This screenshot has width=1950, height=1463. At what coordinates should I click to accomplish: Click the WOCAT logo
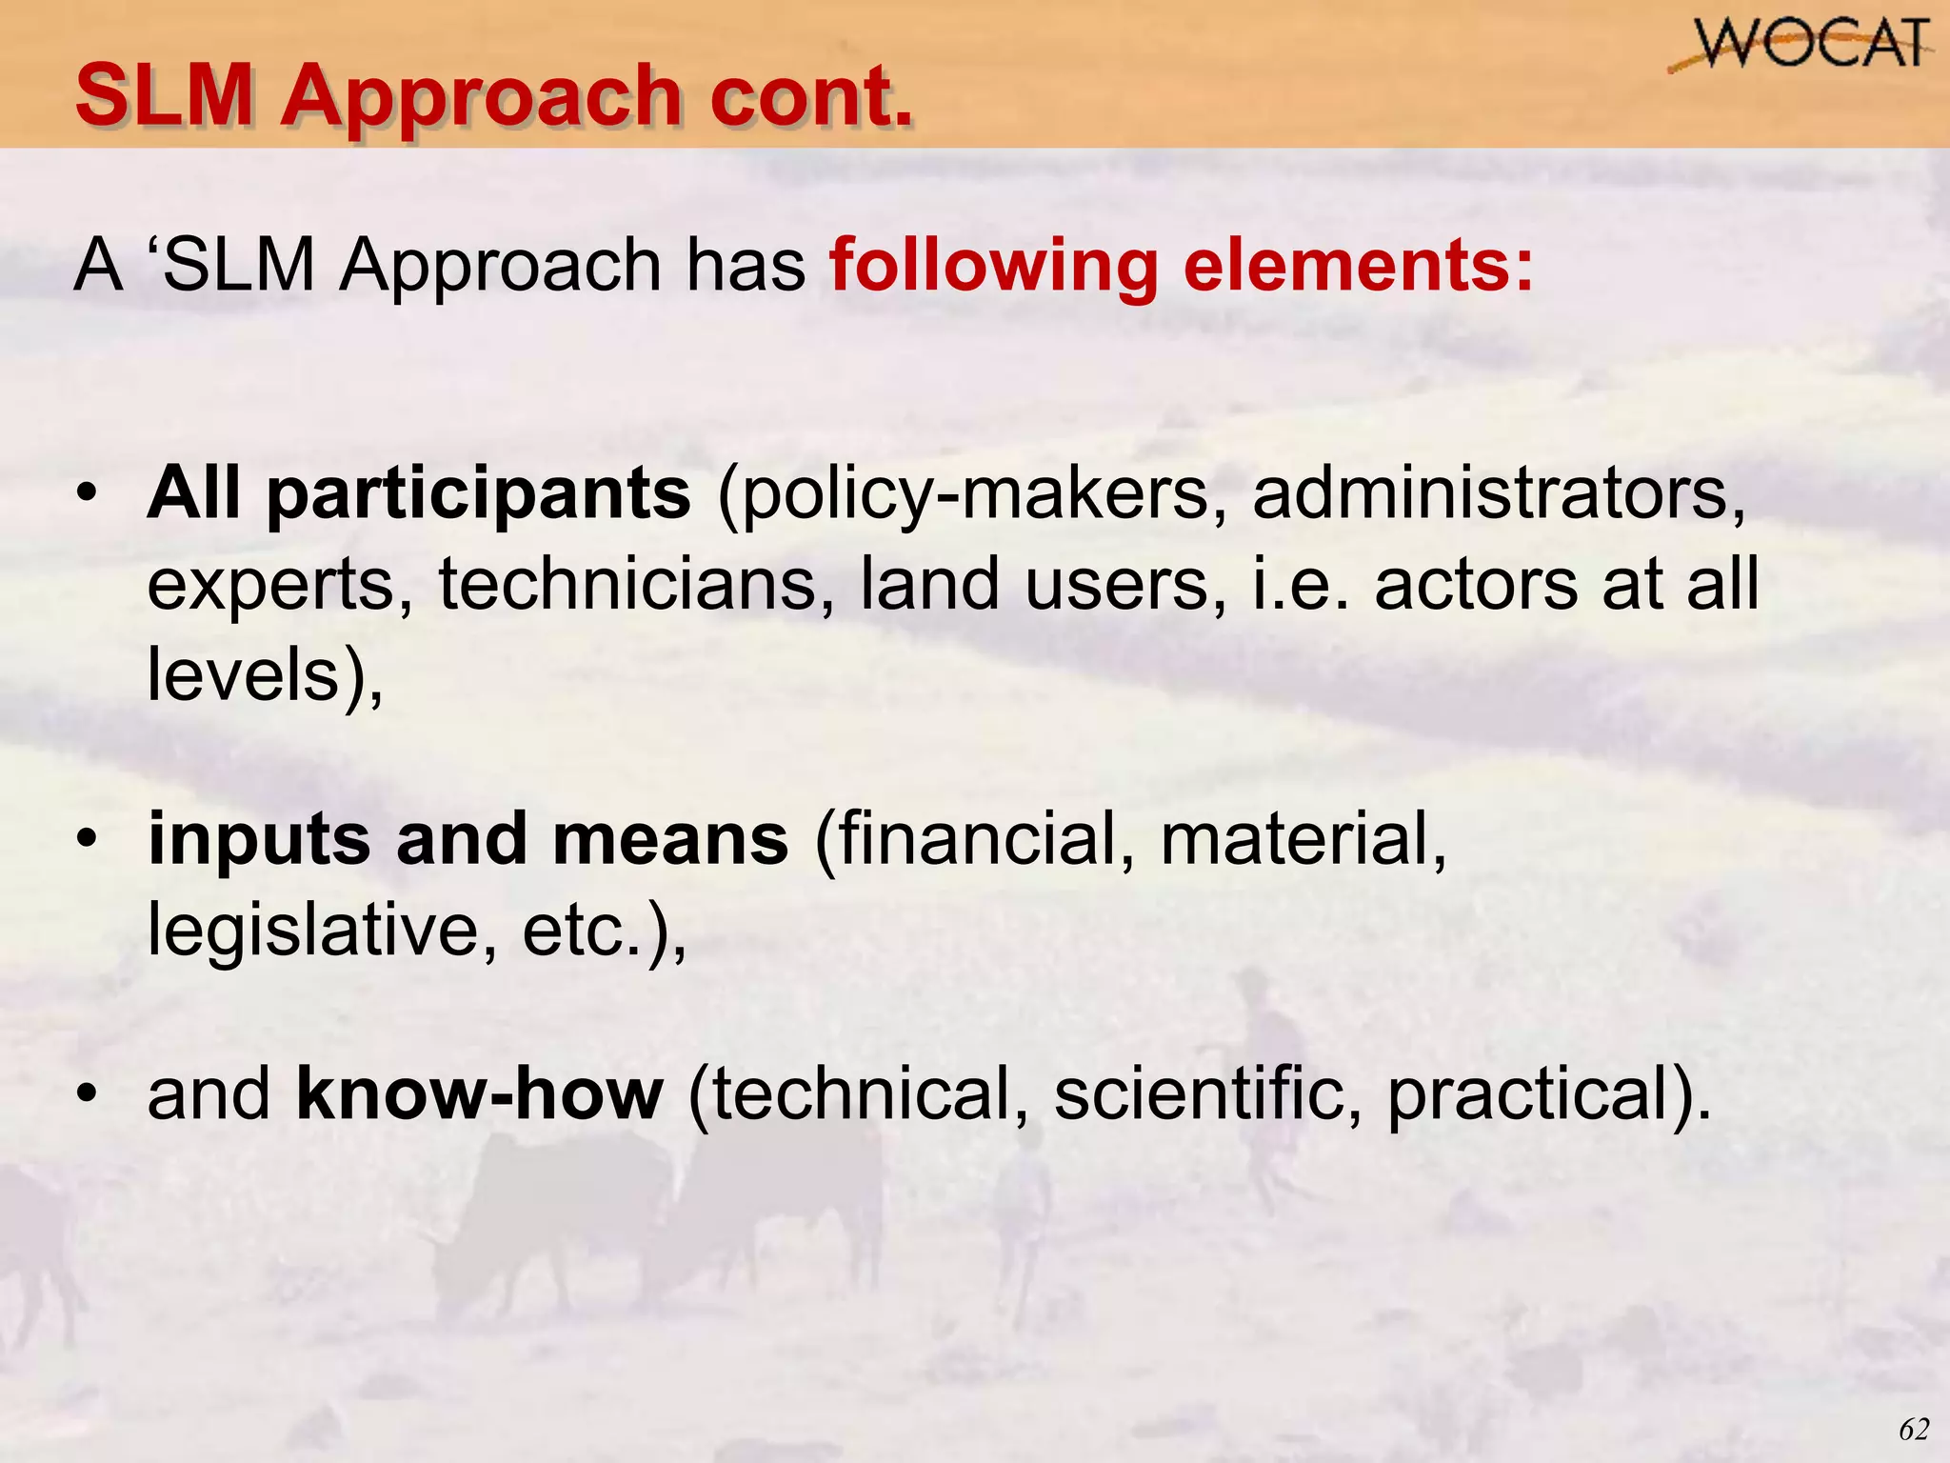tap(1800, 46)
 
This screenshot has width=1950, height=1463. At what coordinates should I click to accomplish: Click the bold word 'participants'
tap(478, 495)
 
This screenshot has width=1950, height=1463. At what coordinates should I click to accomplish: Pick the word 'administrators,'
tap(1499, 493)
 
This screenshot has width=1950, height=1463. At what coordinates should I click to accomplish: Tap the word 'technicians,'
tap(636, 584)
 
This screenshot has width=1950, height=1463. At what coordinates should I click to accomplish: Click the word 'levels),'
tap(265, 674)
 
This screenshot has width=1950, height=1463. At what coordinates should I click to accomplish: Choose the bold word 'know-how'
tap(480, 1093)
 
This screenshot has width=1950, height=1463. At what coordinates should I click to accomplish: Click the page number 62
tap(1913, 1430)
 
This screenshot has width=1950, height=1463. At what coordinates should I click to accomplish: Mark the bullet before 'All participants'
tap(88, 493)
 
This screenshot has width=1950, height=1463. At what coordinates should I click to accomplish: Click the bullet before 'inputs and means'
tap(88, 839)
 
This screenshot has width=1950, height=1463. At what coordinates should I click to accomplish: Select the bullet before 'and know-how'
tap(88, 1093)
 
